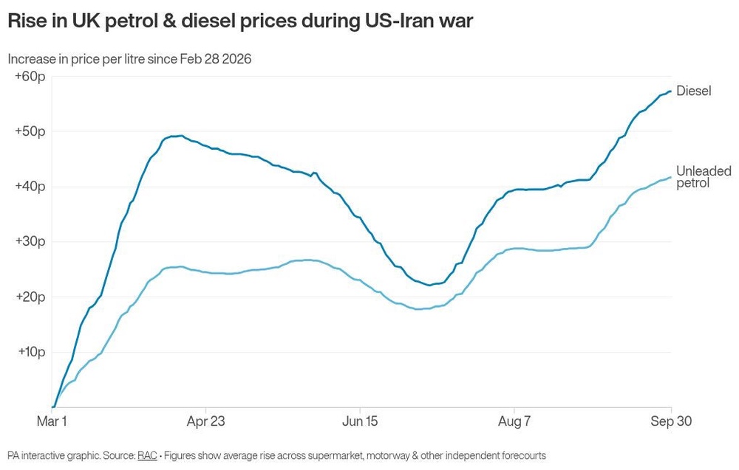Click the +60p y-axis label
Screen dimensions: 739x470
30,76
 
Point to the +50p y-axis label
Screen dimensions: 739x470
30,131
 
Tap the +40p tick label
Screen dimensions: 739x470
30,187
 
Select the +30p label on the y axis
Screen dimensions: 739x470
30,241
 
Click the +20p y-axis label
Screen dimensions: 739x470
30,297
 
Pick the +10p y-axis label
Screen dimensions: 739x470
32,352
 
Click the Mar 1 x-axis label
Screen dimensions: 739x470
52,421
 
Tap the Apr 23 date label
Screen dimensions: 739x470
206,421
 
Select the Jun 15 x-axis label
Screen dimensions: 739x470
360,421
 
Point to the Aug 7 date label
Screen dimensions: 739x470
514,421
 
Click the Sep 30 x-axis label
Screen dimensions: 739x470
671,421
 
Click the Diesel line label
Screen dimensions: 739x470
694,91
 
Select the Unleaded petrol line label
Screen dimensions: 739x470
704,176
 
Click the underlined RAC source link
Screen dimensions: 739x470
147,455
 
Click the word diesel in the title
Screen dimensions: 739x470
208,21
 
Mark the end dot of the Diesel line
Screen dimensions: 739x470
670,91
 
